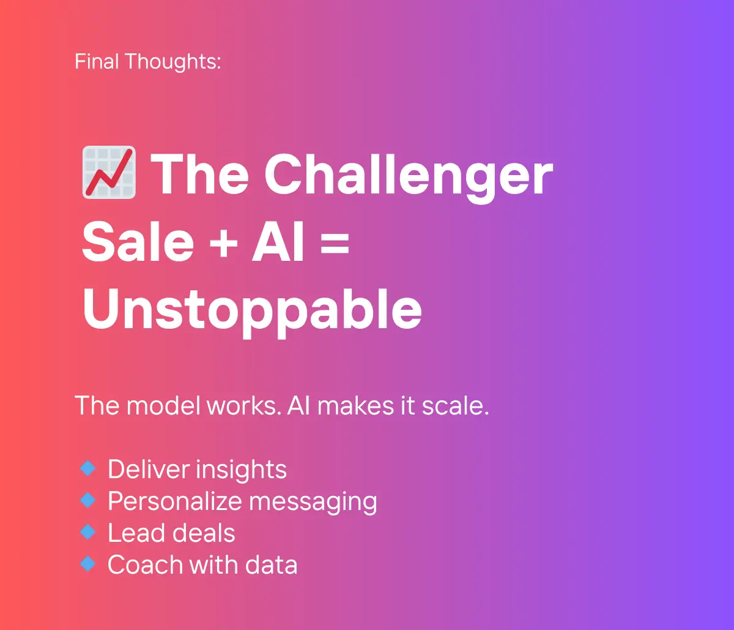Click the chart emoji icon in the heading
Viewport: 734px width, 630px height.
pyautogui.click(x=109, y=172)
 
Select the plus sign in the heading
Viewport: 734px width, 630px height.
pyautogui.click(x=223, y=243)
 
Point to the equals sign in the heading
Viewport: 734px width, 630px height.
pyautogui.click(x=335, y=243)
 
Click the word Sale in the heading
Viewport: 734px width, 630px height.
pyautogui.click(x=138, y=241)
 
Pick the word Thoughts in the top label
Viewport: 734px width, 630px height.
pyautogui.click(x=173, y=62)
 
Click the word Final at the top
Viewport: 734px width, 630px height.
pyautogui.click(x=96, y=61)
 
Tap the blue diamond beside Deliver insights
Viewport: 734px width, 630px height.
pyautogui.click(x=87, y=468)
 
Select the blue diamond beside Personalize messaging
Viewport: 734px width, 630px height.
pyautogui.click(x=87, y=500)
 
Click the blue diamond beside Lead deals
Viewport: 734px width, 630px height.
pyautogui.click(x=87, y=532)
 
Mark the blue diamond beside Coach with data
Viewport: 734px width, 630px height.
pyautogui.click(x=87, y=563)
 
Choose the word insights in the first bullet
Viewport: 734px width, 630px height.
pyautogui.click(x=242, y=470)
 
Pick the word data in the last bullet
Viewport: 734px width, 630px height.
pyautogui.click(x=272, y=564)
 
